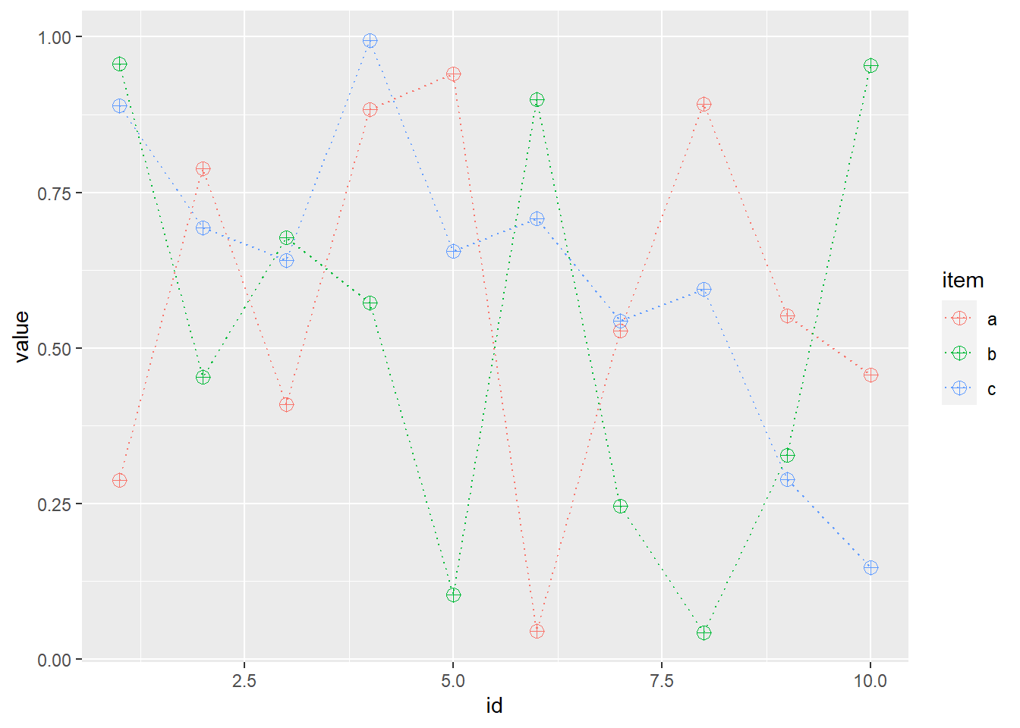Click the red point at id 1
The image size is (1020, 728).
pos(119,480)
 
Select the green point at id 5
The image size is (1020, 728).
pos(453,595)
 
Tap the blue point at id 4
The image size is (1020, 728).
pos(370,41)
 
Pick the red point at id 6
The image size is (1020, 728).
pos(537,631)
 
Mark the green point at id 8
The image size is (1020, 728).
pos(704,632)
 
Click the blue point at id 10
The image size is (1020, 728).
pos(870,568)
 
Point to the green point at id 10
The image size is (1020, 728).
pos(870,66)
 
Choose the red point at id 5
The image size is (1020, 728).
pos(453,74)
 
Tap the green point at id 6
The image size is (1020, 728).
pos(537,100)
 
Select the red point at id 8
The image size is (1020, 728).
pos(704,105)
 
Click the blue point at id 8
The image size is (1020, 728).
pos(704,290)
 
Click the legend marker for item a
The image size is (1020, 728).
pos(959,318)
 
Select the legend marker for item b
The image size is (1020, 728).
pos(959,353)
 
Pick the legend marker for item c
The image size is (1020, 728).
pos(959,388)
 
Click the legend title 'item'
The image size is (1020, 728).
pos(962,281)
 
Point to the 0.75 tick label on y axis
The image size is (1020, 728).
pos(55,193)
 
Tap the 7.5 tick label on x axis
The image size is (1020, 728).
pos(662,681)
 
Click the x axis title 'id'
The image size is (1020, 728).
pos(494,706)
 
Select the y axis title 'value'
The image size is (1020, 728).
pos(22,336)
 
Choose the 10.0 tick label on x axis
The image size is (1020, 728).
pos(870,681)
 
